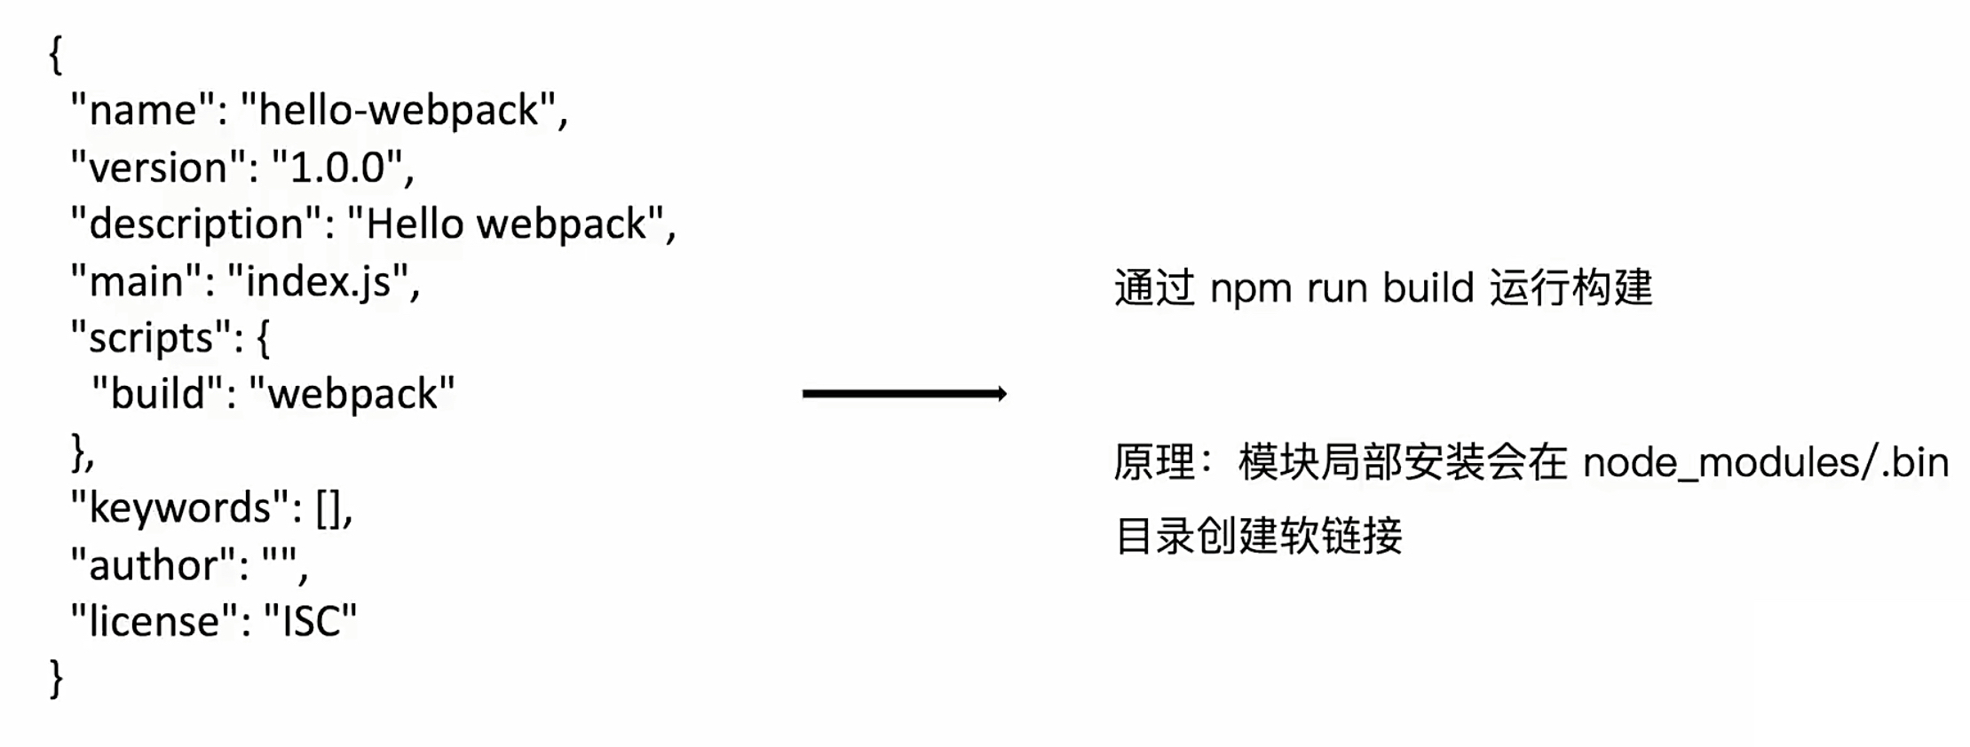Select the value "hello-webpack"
click(x=400, y=111)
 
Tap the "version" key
click(x=159, y=168)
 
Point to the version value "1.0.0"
click(x=337, y=168)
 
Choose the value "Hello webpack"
click(x=506, y=224)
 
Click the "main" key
click(x=137, y=282)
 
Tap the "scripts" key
click(x=151, y=338)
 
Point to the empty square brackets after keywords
click(x=328, y=508)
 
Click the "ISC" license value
click(x=311, y=621)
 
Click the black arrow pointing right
click(x=904, y=394)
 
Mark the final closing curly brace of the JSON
click(x=56, y=679)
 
